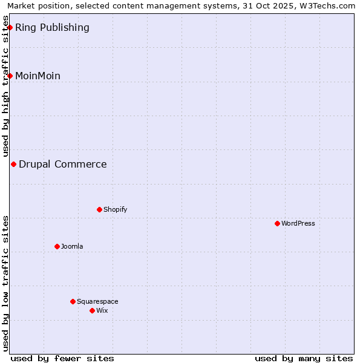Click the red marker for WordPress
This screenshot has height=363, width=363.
277,223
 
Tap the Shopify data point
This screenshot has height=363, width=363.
99,209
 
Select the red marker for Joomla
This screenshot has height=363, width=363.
57,246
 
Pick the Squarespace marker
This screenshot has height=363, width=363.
73,301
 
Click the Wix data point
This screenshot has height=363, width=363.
92,310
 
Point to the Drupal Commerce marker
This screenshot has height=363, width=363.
13,164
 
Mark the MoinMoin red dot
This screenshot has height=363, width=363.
10,76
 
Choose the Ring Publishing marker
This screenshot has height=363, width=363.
10,27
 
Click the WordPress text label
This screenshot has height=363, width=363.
298,223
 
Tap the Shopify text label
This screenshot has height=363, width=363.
115,209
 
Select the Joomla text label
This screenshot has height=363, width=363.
72,246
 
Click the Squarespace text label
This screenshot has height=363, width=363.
97,301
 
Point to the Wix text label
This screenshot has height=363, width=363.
102,310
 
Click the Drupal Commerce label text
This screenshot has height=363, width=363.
63,164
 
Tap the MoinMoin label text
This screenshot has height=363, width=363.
38,76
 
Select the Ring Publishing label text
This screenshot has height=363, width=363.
52,27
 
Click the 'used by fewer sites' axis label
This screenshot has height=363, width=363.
62,358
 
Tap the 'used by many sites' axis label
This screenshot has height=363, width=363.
304,358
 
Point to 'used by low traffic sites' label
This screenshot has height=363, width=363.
6,283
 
